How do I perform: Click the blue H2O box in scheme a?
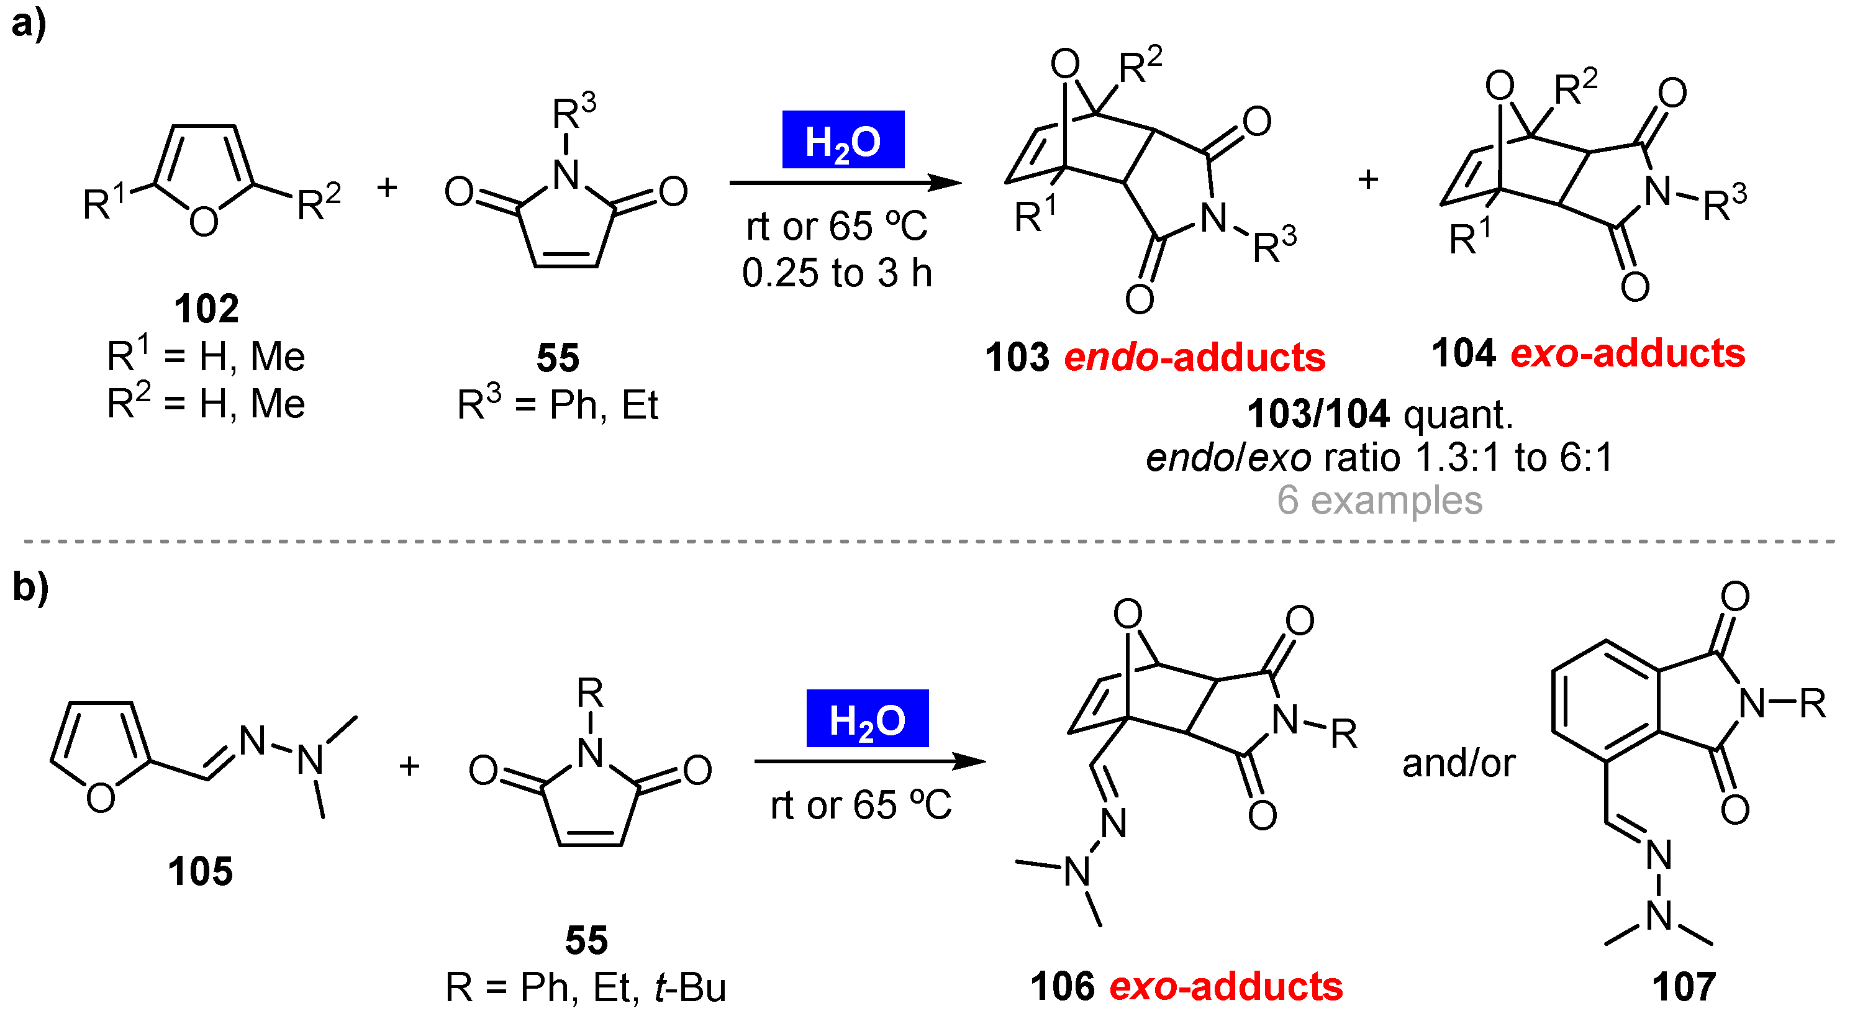843,140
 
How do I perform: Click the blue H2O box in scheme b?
867,719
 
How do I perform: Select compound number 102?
206,309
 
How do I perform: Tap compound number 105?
201,872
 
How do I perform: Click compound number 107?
1684,987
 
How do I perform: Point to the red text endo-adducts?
1194,358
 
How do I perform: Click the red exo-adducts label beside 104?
1628,353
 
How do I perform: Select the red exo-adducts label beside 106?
1225,987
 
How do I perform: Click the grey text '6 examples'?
1379,501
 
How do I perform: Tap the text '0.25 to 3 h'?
837,273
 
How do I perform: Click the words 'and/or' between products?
1458,763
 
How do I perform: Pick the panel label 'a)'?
29,24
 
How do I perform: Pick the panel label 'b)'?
30,588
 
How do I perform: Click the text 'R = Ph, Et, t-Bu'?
586,988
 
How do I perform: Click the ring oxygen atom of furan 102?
203,221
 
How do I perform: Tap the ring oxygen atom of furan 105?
100,797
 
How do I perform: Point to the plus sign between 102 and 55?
387,188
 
